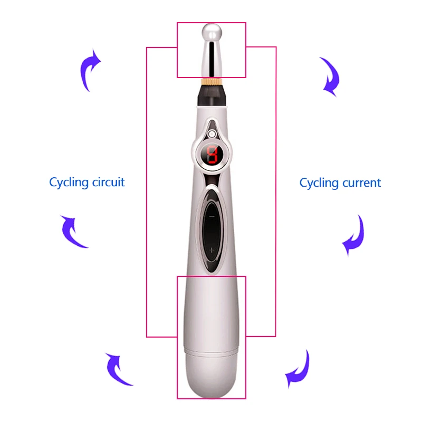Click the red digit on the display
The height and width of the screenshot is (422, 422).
point(212,155)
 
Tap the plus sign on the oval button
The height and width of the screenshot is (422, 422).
point(212,250)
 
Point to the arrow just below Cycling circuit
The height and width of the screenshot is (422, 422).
point(73,232)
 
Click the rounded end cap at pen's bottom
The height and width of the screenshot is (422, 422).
point(211,375)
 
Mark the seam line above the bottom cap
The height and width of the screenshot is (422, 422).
point(211,350)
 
